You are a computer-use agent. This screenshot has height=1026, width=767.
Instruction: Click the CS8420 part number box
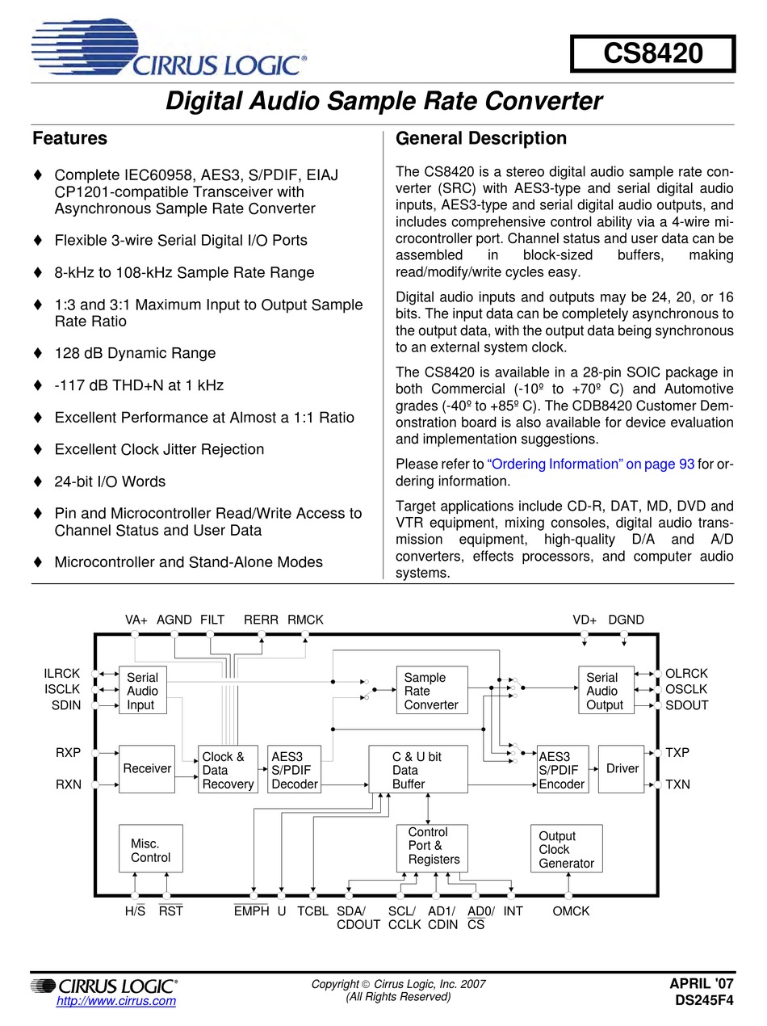pyautogui.click(x=652, y=54)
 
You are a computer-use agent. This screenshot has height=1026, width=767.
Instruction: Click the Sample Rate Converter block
pyautogui.click(x=431, y=691)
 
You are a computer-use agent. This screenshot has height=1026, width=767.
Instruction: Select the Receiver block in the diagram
pyautogui.click(x=146, y=768)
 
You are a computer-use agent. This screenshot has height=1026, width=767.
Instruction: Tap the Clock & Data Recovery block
pyautogui.click(x=228, y=770)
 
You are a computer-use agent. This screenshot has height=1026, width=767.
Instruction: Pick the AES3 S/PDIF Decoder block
pyautogui.click(x=294, y=770)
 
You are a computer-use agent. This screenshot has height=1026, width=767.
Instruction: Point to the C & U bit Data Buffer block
pyautogui.click(x=417, y=770)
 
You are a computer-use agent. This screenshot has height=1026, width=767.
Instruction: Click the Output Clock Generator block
pyautogui.click(x=566, y=849)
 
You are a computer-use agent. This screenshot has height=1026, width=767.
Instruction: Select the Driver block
pyautogui.click(x=622, y=768)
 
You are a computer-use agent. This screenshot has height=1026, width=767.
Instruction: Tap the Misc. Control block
pyautogui.click(x=150, y=849)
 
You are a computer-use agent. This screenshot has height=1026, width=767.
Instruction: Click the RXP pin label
pyautogui.click(x=68, y=753)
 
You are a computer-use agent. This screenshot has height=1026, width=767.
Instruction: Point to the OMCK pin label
pyautogui.click(x=571, y=911)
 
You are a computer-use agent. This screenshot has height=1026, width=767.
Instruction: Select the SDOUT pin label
pyautogui.click(x=686, y=705)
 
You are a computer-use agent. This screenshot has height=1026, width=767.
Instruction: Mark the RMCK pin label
pyautogui.click(x=305, y=620)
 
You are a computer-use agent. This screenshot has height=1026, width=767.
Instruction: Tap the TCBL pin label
pyautogui.click(x=312, y=911)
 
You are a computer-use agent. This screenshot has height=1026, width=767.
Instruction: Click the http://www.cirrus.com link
pyautogui.click(x=115, y=1001)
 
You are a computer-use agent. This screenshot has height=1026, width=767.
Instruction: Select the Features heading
pyautogui.click(x=69, y=138)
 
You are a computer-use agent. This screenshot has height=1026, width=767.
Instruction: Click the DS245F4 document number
pyautogui.click(x=705, y=1000)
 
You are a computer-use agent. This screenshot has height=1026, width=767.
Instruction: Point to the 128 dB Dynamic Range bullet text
pyautogui.click(x=135, y=353)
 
